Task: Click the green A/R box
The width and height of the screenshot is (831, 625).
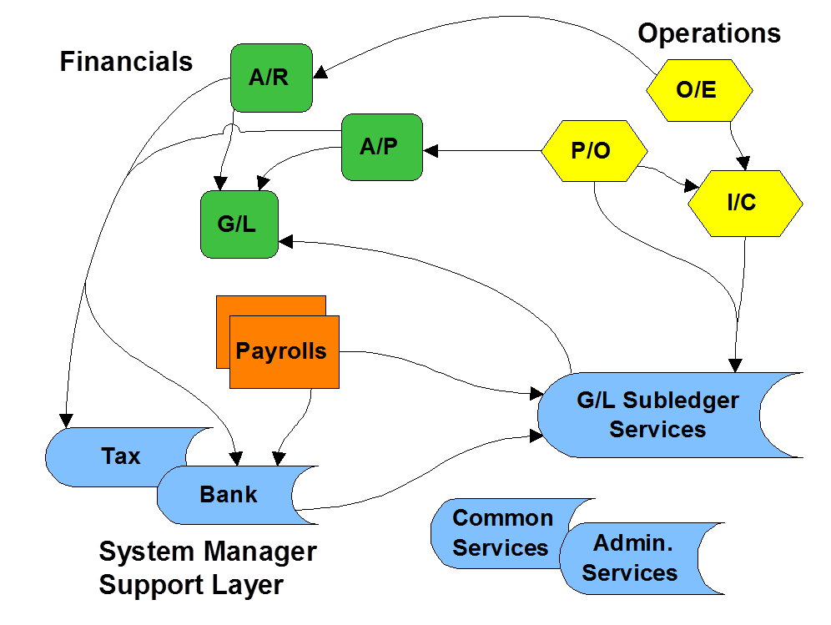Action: pyautogui.click(x=271, y=78)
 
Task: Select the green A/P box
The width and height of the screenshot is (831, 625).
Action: pyautogui.click(x=382, y=148)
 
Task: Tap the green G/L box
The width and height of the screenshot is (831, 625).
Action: pyautogui.click(x=239, y=224)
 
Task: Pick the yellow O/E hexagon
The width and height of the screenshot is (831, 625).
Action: pyautogui.click(x=699, y=90)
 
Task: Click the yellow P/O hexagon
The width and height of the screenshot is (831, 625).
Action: pyautogui.click(x=594, y=151)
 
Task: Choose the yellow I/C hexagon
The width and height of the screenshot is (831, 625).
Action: pyautogui.click(x=745, y=204)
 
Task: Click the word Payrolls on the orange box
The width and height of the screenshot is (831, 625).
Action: pyautogui.click(x=281, y=351)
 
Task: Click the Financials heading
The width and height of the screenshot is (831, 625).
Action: pyautogui.click(x=126, y=62)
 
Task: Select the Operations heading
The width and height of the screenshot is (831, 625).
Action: pyautogui.click(x=709, y=34)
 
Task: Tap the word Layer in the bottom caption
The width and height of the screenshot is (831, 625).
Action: pyautogui.click(x=248, y=585)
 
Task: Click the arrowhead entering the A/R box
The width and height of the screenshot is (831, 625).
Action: pyautogui.click(x=320, y=73)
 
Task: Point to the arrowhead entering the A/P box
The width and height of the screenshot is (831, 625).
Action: pyautogui.click(x=431, y=151)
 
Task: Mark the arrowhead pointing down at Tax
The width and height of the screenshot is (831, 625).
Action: pyautogui.click(x=66, y=421)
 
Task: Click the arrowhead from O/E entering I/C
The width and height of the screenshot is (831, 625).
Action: pyautogui.click(x=744, y=164)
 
